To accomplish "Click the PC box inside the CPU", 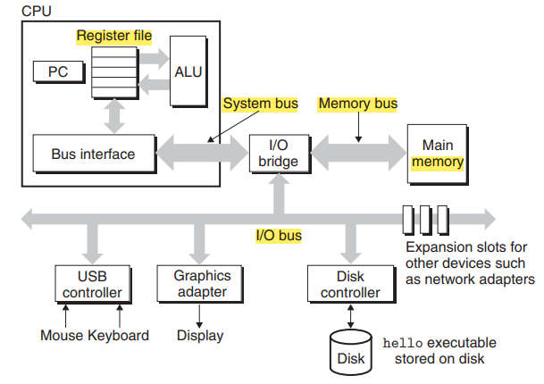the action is (x=59, y=71).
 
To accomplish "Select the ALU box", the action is (x=188, y=71).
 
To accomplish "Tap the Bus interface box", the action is (x=94, y=154).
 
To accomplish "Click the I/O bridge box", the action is (x=280, y=154).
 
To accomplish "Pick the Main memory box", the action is (x=438, y=154).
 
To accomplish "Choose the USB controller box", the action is (x=93, y=284).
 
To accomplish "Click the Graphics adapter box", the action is (x=199, y=284).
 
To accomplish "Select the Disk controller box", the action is (x=351, y=284).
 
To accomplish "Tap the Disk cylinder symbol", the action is (x=351, y=352).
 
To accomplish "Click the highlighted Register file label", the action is (x=114, y=36).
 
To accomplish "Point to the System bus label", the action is (x=261, y=104).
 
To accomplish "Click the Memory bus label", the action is (x=357, y=104).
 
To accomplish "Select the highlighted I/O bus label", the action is (x=279, y=236).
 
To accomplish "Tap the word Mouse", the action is (x=62, y=336).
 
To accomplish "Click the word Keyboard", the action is (x=118, y=336).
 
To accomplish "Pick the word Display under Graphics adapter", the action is (x=200, y=336).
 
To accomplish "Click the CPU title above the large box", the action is (x=37, y=11).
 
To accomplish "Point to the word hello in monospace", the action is (x=403, y=343).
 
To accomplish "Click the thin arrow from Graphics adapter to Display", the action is (x=199, y=316).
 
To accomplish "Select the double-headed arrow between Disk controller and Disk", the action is (x=351, y=316).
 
